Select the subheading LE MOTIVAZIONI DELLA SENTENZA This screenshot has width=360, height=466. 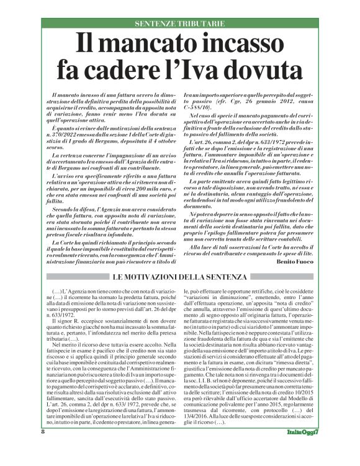(180, 276)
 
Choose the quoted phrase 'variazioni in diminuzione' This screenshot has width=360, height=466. (218, 297)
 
